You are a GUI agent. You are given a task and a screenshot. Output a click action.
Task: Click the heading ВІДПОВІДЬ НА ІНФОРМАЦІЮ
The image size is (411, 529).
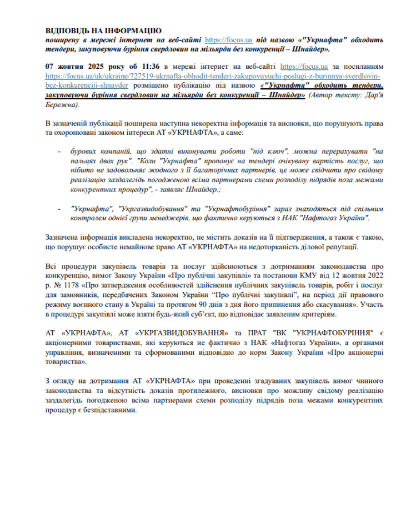(103, 31)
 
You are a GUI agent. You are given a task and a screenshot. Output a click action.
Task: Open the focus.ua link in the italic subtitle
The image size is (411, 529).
(229, 40)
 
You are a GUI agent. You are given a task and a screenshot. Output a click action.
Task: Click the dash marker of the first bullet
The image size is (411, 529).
(59, 150)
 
